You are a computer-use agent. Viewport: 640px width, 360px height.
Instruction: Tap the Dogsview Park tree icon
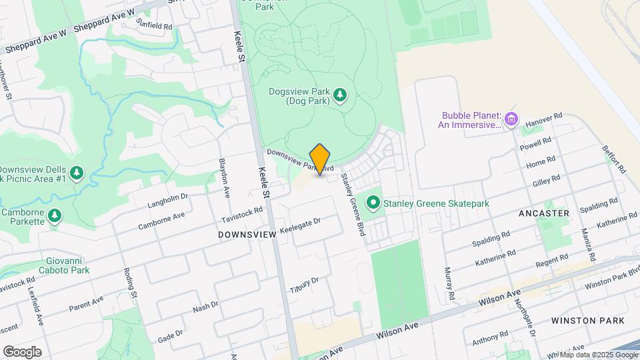click(x=341, y=95)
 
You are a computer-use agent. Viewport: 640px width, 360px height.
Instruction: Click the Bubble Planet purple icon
click(x=511, y=120)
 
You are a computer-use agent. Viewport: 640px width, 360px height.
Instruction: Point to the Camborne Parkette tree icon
click(x=55, y=215)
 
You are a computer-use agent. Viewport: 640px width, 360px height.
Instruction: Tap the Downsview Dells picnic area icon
click(x=77, y=173)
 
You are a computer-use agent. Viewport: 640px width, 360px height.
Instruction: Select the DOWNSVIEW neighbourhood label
click(x=247, y=235)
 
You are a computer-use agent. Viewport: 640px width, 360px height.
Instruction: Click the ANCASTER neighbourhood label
click(x=544, y=213)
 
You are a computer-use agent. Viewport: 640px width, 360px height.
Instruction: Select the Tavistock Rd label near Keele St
click(x=242, y=214)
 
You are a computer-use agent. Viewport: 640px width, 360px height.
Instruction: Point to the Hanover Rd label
click(x=544, y=120)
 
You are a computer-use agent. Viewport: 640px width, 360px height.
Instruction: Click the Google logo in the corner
click(x=22, y=351)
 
